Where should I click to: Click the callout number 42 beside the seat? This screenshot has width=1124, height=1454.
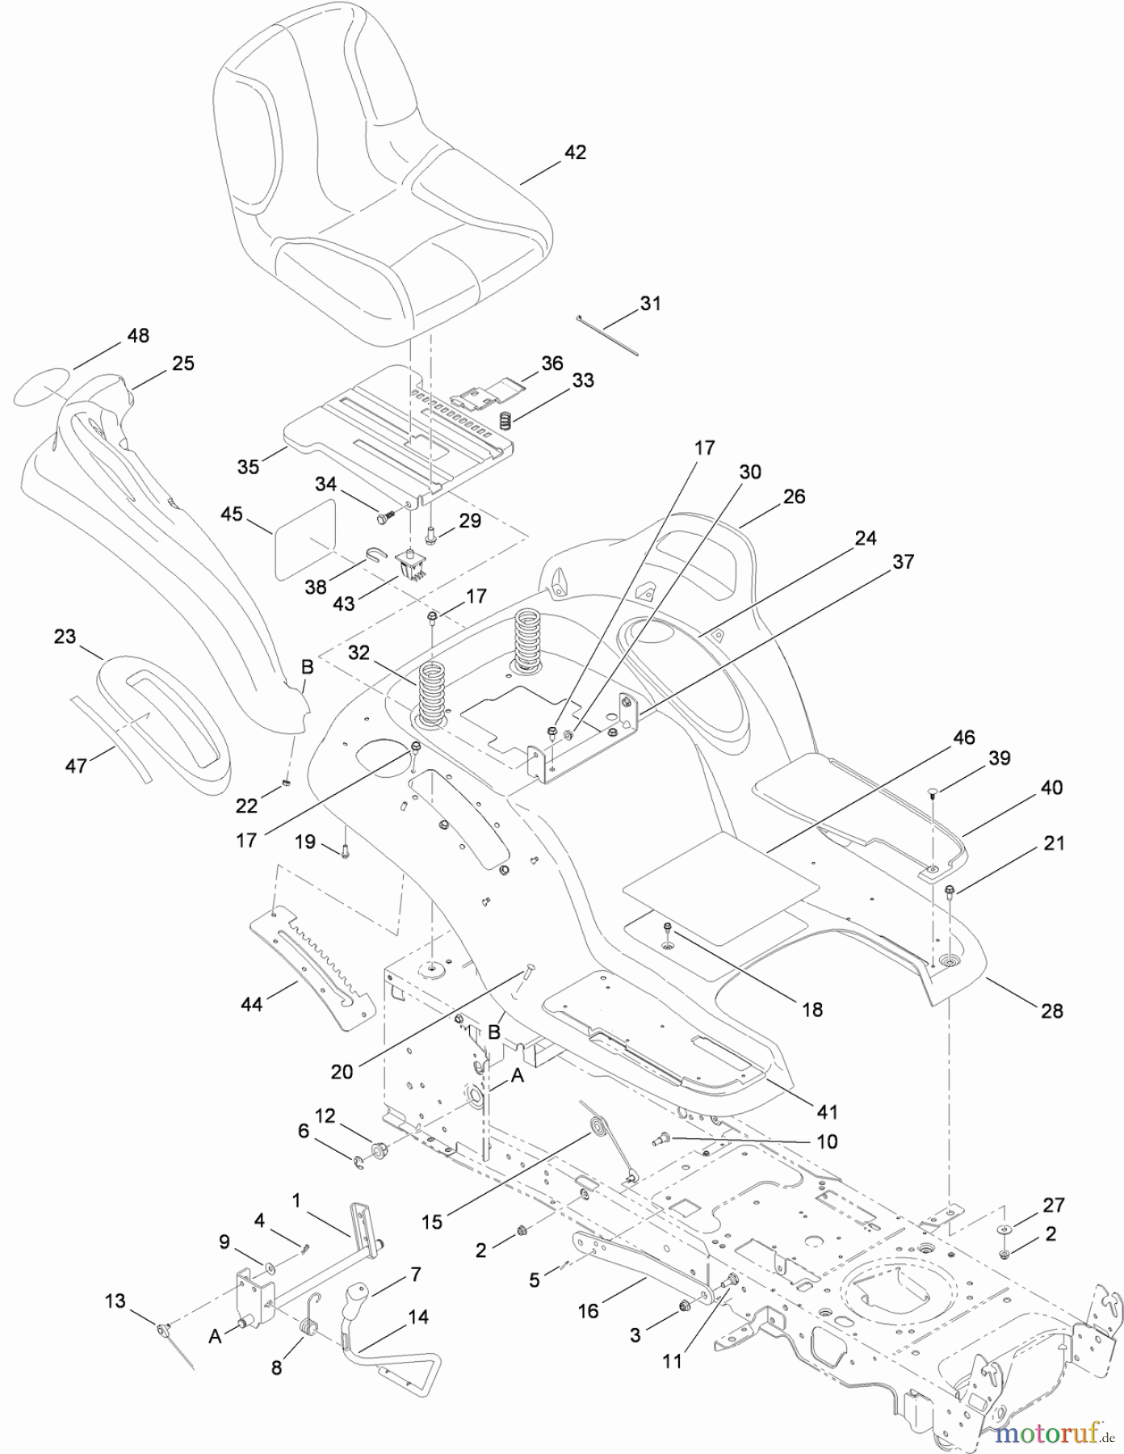(x=574, y=152)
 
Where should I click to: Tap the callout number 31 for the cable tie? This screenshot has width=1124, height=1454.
(x=650, y=303)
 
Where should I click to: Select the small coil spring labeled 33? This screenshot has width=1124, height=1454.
(x=505, y=421)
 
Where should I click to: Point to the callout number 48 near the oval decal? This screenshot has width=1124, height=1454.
(x=138, y=335)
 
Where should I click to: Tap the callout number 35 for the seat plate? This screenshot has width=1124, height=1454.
(x=248, y=466)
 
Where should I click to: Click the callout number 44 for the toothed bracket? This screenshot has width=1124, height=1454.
(x=252, y=1005)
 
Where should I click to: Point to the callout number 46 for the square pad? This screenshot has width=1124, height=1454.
(x=963, y=737)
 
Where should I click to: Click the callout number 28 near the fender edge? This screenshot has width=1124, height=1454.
(x=1051, y=1010)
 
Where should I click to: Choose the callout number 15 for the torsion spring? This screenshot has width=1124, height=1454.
(x=432, y=1221)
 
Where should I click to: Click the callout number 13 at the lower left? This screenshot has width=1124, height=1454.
(x=115, y=1301)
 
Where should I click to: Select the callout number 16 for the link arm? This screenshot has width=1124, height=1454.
(x=588, y=1310)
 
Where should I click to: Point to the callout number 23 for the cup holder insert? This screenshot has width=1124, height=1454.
(x=65, y=637)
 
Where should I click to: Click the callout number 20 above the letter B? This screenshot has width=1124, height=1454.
(x=342, y=1071)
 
